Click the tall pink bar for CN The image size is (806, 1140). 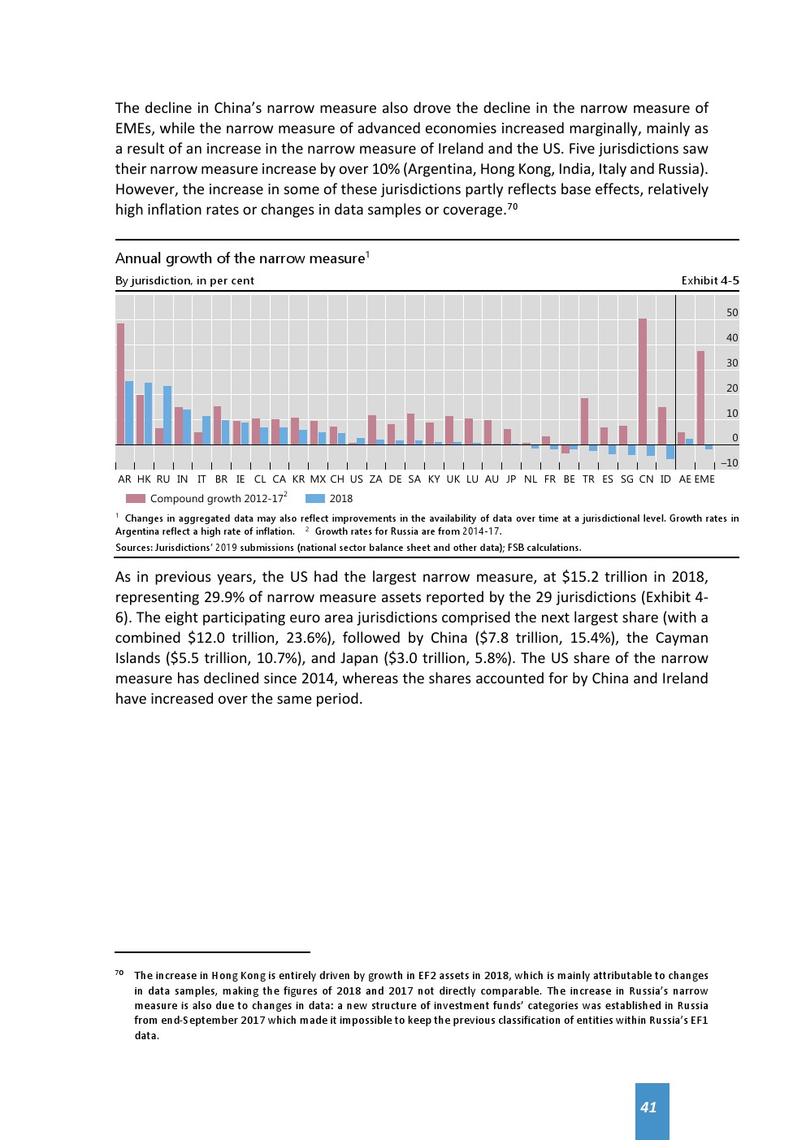pyautogui.click(x=643, y=382)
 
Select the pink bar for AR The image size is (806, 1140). pyautogui.click(x=120, y=384)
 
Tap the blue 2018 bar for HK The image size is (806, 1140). pyautogui.click(x=149, y=414)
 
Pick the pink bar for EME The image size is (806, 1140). pyautogui.click(x=700, y=398)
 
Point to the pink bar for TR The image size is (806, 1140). pyautogui.click(x=584, y=421)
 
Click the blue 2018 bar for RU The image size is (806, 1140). pyautogui.click(x=167, y=415)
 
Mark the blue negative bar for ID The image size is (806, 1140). pyautogui.click(x=670, y=452)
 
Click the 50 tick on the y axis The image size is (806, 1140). pyautogui.click(x=732, y=313)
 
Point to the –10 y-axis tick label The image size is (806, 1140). pyautogui.click(x=730, y=463)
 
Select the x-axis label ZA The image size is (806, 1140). pyautogui.click(x=375, y=479)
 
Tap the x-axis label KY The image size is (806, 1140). pyautogui.click(x=434, y=479)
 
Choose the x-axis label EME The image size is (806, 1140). pyautogui.click(x=704, y=479)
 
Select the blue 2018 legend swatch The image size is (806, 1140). pyautogui.click(x=315, y=499)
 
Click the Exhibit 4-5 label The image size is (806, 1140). pyautogui.click(x=710, y=280)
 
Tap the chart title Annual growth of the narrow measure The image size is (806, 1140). pyautogui.click(x=240, y=258)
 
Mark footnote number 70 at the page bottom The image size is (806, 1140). pyautogui.click(x=119, y=973)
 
